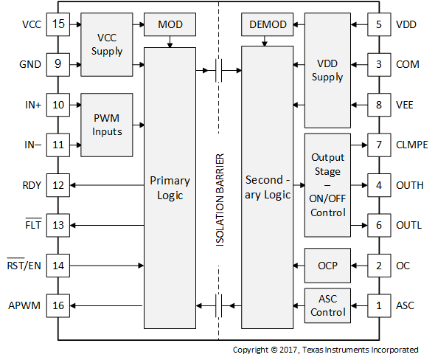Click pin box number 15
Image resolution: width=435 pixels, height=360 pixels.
coord(58,24)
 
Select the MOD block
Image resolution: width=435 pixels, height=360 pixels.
coord(171,25)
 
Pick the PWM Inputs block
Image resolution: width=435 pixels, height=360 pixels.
coord(107,125)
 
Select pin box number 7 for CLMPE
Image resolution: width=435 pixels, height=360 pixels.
coord(378,145)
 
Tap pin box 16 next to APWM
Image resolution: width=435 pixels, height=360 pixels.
coord(58,305)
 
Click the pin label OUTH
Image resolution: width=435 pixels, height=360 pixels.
coord(410,185)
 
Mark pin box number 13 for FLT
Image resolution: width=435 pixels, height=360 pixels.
coord(58,225)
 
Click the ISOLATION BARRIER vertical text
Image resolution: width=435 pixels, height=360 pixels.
coord(220,199)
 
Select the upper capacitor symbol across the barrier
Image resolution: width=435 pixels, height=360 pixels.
coord(219,71)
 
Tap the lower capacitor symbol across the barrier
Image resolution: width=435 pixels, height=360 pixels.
coord(219,305)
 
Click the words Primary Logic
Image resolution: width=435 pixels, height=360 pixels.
coord(170,188)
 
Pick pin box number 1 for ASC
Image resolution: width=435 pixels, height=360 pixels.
coord(378,305)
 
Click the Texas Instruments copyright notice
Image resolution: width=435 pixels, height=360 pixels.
coord(325,350)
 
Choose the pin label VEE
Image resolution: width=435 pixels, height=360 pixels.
coord(405,105)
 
